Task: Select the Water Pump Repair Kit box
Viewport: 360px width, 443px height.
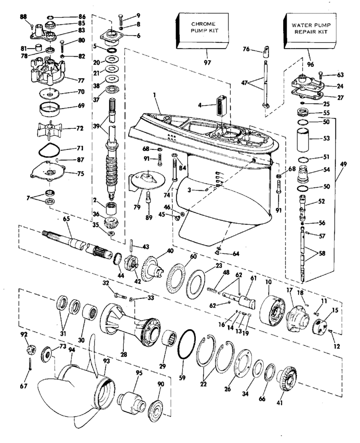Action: pos(310,31)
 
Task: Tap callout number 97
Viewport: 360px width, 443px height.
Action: pos(207,62)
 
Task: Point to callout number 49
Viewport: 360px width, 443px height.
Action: pos(344,164)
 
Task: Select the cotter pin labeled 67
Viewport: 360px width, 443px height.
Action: pos(30,364)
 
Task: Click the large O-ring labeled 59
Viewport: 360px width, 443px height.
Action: pos(186,345)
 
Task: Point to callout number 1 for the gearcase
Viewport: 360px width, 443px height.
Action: pos(155,96)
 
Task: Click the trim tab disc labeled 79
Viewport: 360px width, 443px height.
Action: pos(147,180)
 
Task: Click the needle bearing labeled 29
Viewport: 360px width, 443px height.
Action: pos(169,337)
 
